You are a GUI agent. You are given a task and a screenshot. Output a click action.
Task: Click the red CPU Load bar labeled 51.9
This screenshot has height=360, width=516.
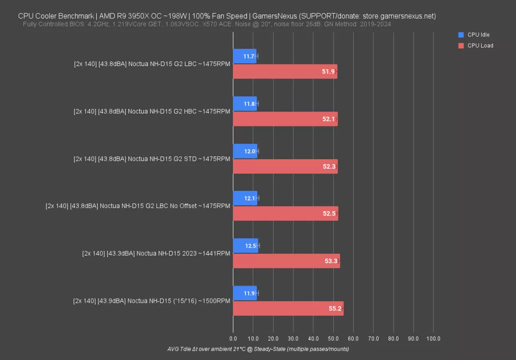point(285,72)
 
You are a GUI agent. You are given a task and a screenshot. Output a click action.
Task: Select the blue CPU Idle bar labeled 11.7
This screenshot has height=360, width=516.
point(244,56)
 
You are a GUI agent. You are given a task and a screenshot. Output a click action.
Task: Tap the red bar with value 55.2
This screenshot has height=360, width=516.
point(288,308)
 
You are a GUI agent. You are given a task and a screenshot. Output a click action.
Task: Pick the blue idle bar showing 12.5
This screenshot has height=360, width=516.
point(246,246)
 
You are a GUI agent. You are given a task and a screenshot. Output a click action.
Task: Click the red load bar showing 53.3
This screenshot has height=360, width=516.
point(286,261)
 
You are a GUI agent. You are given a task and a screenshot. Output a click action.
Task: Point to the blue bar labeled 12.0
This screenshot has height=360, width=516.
point(245,151)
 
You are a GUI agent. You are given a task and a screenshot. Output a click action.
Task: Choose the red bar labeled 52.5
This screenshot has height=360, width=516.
point(285,214)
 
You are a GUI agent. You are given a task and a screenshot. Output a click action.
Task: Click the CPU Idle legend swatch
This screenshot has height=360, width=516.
point(461,35)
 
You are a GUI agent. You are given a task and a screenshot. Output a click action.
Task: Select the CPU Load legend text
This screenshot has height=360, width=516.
point(480,46)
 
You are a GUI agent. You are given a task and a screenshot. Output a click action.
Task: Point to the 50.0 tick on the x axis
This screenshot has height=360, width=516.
point(333,338)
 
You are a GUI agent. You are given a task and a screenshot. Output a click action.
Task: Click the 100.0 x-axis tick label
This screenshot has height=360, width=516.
point(433,338)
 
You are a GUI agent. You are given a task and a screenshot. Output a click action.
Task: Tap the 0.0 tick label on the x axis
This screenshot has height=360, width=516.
point(233,338)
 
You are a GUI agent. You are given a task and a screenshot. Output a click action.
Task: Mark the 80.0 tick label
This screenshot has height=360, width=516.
point(393,338)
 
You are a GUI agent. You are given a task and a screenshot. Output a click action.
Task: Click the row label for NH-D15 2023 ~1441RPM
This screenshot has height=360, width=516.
point(156,253)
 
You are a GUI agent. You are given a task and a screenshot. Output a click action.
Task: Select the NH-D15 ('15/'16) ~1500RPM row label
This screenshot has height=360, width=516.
point(152,301)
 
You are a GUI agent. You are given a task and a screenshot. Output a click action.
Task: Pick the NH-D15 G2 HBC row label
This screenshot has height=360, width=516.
point(152,111)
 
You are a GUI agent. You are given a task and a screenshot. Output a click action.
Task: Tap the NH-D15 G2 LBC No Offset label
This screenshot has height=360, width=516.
point(138,206)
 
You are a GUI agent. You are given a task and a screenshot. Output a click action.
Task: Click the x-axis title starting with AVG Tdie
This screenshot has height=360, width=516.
point(258,349)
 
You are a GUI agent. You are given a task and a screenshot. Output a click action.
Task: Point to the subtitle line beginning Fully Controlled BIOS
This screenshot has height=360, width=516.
point(207,24)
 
